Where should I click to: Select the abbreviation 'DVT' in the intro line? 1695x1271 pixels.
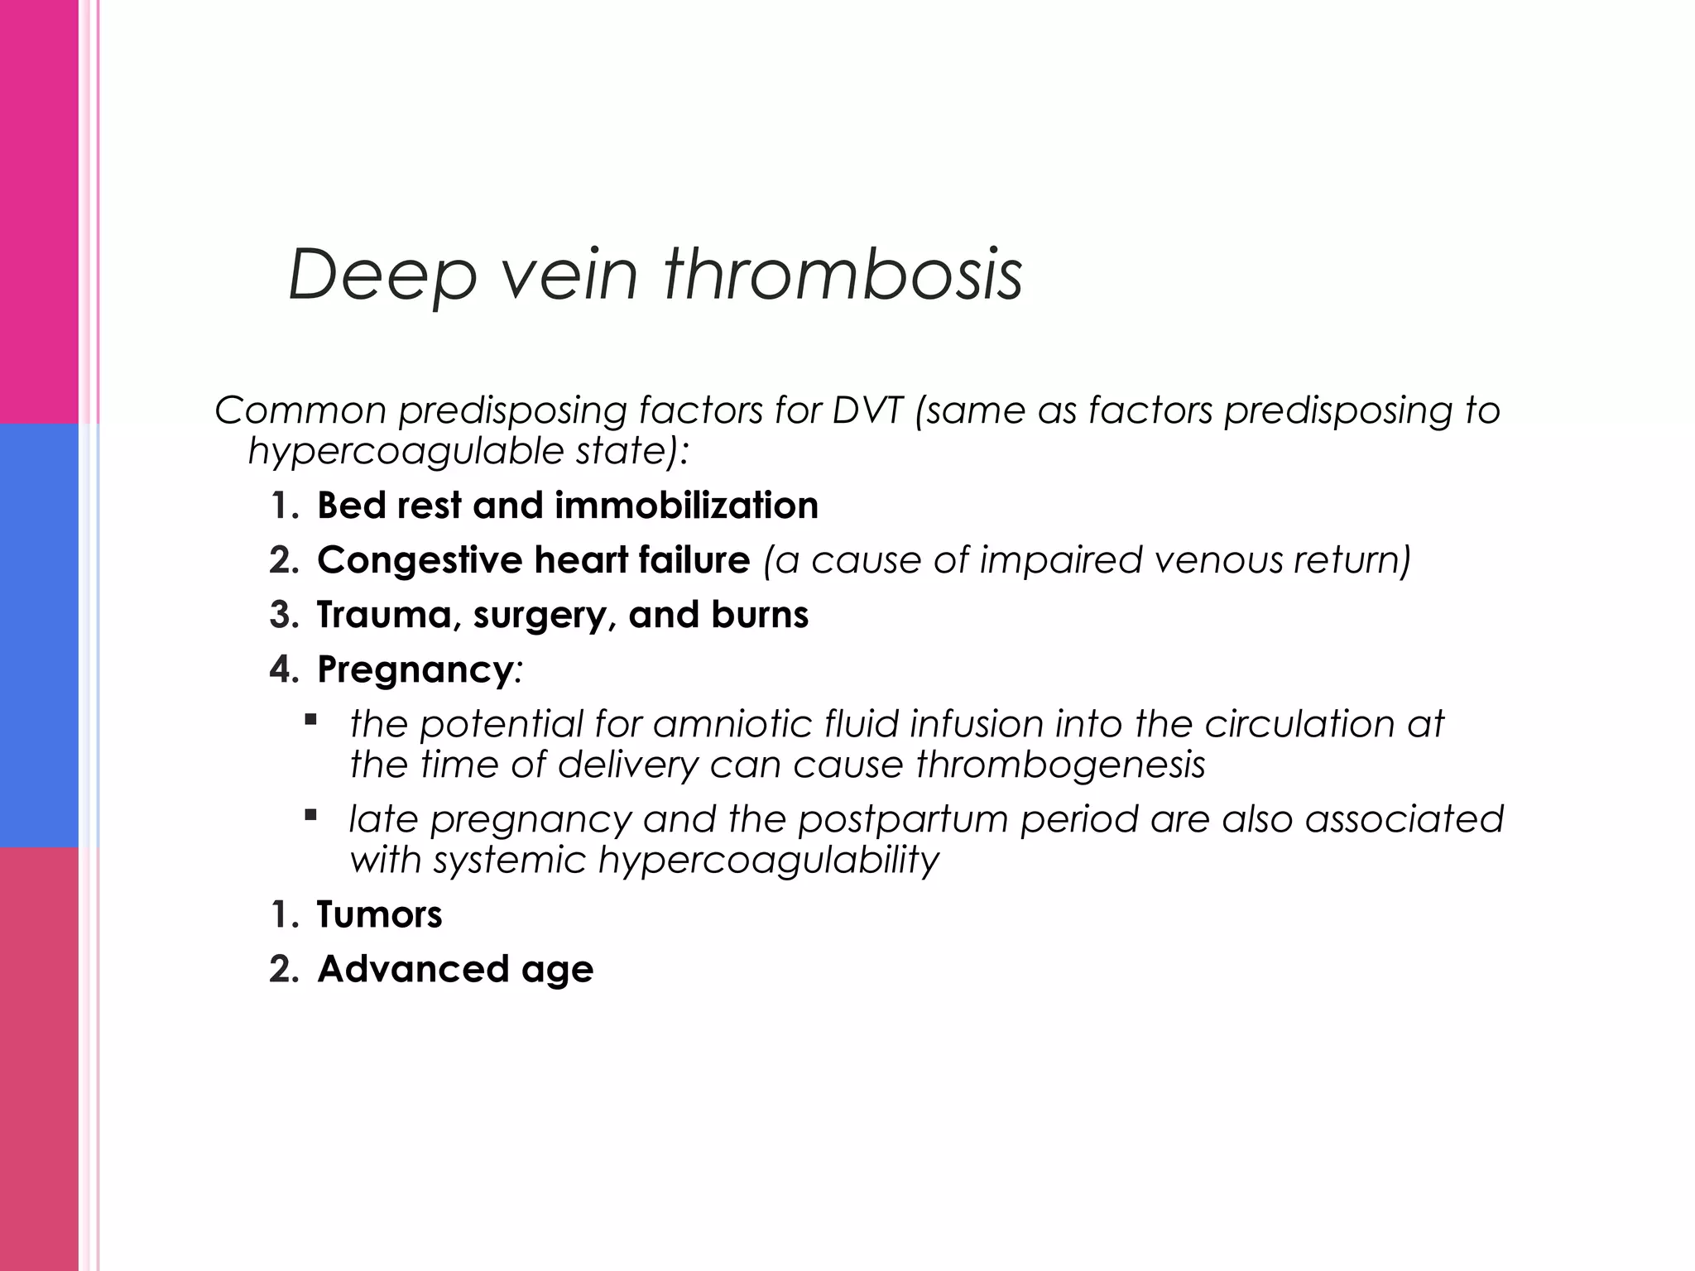pyautogui.click(x=867, y=410)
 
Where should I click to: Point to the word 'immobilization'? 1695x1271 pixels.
pyautogui.click(x=686, y=506)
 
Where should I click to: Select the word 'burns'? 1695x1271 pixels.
pyautogui.click(x=759, y=615)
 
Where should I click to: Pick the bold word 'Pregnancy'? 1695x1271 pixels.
pyautogui.click(x=415, y=670)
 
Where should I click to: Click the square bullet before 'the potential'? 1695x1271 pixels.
pyautogui.click(x=311, y=720)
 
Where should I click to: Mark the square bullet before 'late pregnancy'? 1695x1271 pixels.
pyautogui.click(x=311, y=815)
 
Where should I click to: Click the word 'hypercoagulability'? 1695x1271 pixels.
pyautogui.click(x=768, y=861)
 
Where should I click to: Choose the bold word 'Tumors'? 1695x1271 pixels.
pyautogui.click(x=379, y=915)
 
